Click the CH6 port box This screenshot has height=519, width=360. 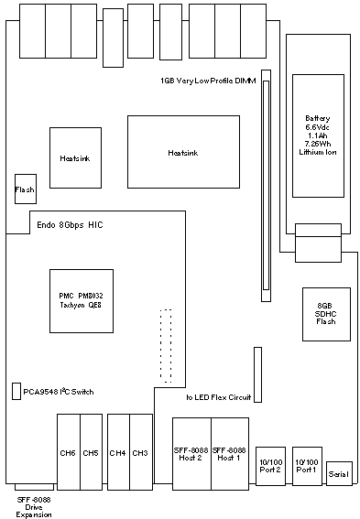[69, 452]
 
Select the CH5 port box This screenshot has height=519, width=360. [91, 452]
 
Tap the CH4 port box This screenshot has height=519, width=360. [118, 452]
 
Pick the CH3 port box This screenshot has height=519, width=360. [141, 452]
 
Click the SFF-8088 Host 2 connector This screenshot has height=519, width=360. [191, 454]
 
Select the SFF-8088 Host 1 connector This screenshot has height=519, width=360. [230, 454]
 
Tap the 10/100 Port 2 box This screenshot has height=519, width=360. [270, 466]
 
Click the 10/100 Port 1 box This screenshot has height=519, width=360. [308, 466]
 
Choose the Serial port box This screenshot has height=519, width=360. [339, 473]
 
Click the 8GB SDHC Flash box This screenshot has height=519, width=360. [326, 314]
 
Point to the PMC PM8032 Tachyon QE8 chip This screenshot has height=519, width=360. [82, 301]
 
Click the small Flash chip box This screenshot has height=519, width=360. [26, 189]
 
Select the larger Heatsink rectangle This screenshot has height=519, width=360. [183, 152]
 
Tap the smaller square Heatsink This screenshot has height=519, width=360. [75, 157]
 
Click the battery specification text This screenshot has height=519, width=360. [318, 135]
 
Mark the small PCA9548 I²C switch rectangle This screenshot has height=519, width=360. [16, 391]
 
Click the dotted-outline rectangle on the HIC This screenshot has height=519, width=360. [166, 346]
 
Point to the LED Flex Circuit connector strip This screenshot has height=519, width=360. [258, 374]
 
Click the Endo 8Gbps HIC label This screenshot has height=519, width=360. [70, 225]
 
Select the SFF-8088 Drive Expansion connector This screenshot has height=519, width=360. [34, 487]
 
